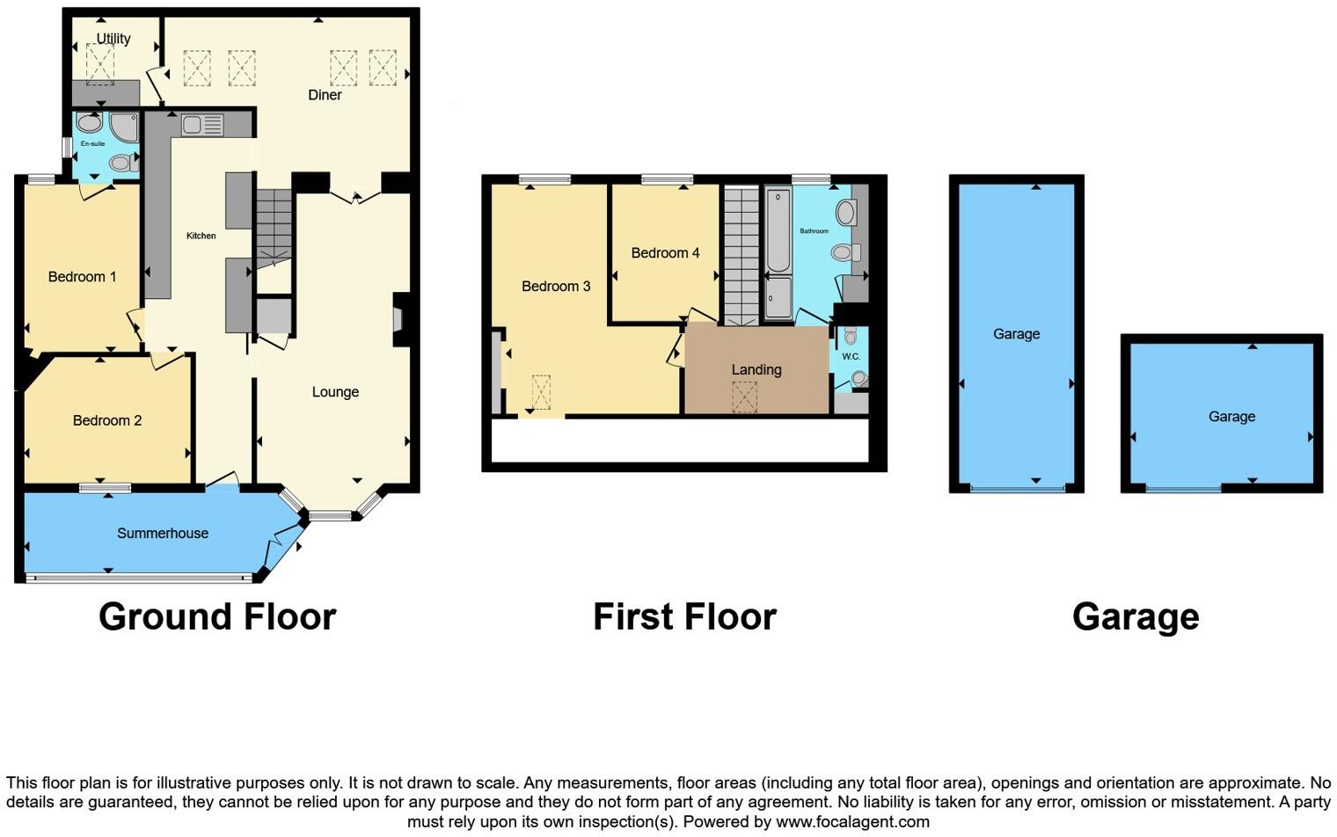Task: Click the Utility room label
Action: click(113, 39)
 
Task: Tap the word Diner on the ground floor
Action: click(325, 95)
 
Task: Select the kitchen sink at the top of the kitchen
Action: click(202, 126)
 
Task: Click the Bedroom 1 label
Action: click(82, 277)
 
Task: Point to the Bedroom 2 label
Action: click(106, 420)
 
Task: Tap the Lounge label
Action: click(335, 392)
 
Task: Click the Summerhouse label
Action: click(163, 533)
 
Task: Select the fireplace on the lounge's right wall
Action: click(398, 319)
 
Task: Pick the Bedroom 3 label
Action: click(556, 286)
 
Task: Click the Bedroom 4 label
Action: click(665, 253)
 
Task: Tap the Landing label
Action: click(756, 370)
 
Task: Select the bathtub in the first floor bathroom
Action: click(778, 231)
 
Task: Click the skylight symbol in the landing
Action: click(745, 397)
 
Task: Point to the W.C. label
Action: click(851, 357)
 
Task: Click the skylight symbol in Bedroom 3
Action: click(540, 392)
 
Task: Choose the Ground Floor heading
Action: click(217, 617)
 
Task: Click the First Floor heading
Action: click(684, 617)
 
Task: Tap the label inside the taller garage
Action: click(1016, 334)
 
